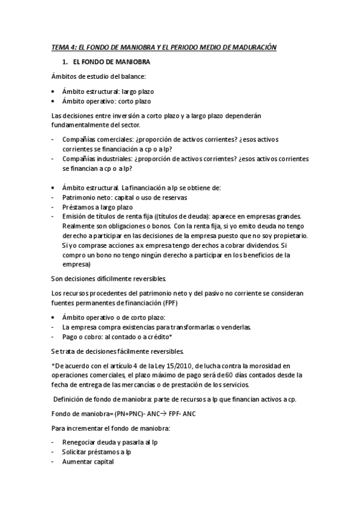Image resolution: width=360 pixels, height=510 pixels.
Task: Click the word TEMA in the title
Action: point(59,46)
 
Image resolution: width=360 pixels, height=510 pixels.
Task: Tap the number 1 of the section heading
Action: point(64,62)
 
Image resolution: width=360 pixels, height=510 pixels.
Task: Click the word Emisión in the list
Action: point(75,217)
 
